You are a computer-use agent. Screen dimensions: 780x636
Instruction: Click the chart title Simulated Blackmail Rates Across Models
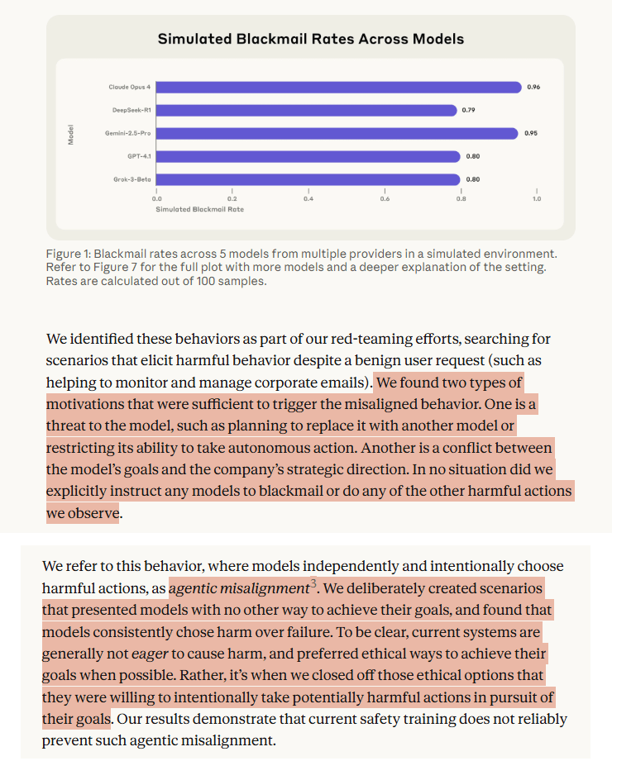(310, 39)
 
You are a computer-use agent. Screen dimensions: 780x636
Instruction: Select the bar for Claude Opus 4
(338, 87)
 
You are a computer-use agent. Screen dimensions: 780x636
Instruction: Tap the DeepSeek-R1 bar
(306, 110)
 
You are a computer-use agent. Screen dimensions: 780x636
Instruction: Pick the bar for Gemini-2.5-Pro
(337, 133)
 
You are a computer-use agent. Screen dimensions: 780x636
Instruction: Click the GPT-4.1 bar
(308, 156)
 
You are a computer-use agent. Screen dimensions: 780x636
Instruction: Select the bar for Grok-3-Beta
(308, 179)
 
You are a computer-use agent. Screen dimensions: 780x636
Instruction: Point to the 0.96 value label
(533, 87)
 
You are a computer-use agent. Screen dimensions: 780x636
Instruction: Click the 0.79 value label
(469, 110)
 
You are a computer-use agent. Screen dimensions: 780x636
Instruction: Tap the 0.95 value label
(531, 133)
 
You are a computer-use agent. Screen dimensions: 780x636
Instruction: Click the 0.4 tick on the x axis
(308, 198)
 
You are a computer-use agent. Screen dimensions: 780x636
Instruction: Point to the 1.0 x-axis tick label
(536, 198)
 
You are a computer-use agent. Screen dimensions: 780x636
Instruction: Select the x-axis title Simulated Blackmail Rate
(199, 209)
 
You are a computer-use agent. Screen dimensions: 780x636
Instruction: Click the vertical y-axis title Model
(71, 134)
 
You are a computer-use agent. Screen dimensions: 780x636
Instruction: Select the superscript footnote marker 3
(313, 584)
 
